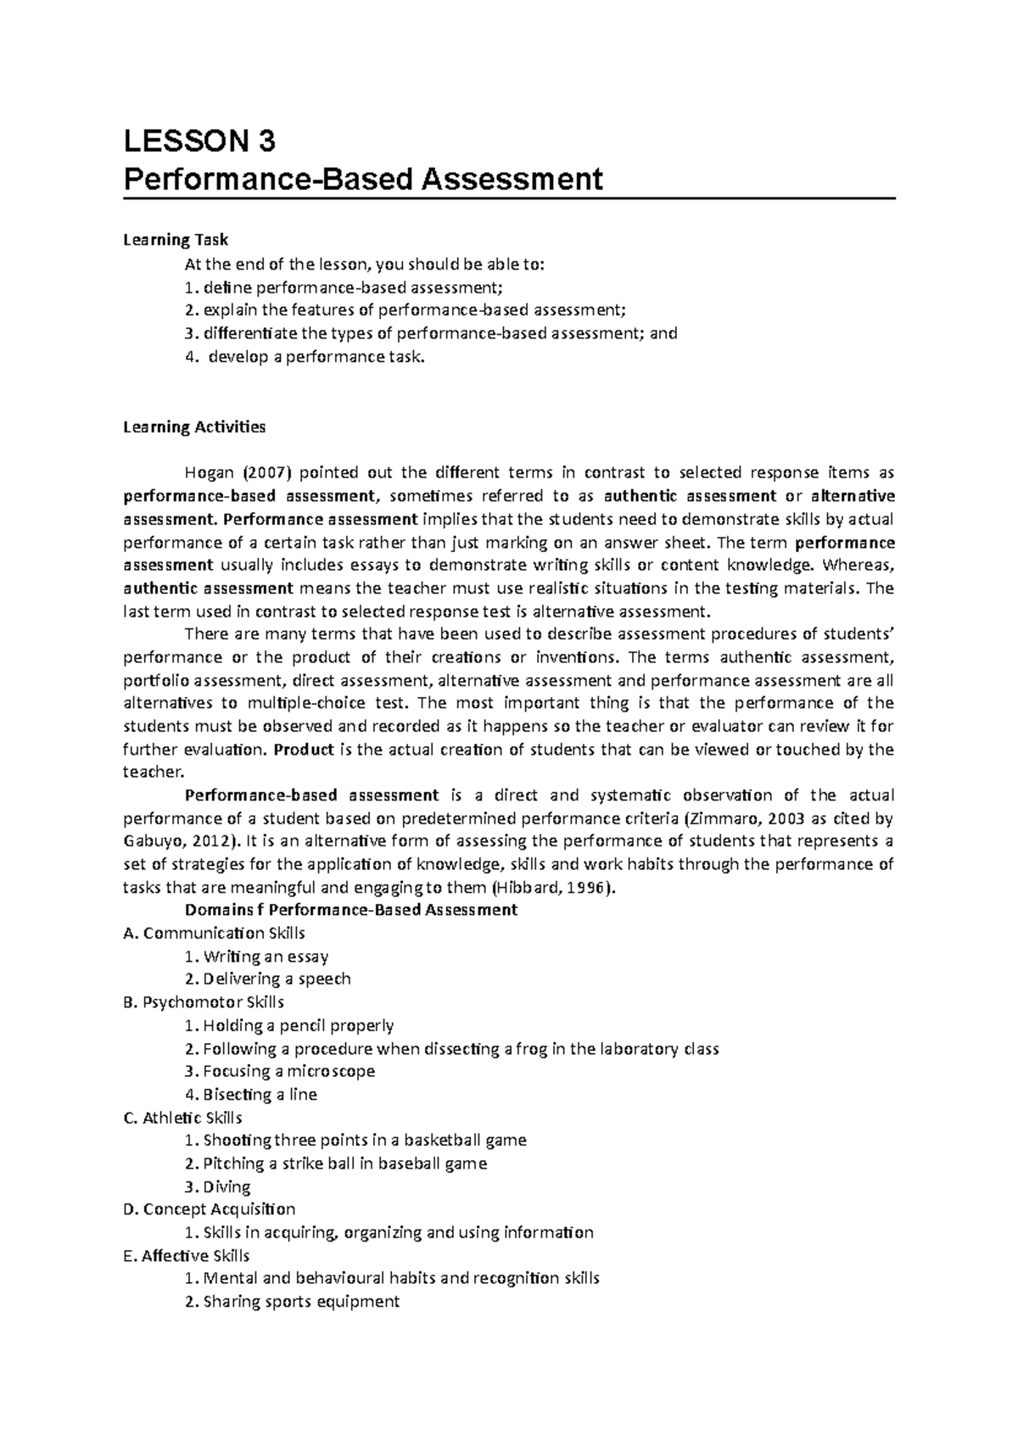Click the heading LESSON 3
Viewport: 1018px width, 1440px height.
coord(199,141)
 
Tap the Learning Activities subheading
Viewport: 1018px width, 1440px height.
coord(194,427)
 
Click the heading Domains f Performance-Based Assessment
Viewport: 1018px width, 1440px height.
coord(350,910)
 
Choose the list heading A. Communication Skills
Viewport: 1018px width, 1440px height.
coord(214,933)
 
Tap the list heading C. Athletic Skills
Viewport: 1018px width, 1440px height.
coord(182,1118)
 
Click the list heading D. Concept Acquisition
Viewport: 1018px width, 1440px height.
coord(209,1209)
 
